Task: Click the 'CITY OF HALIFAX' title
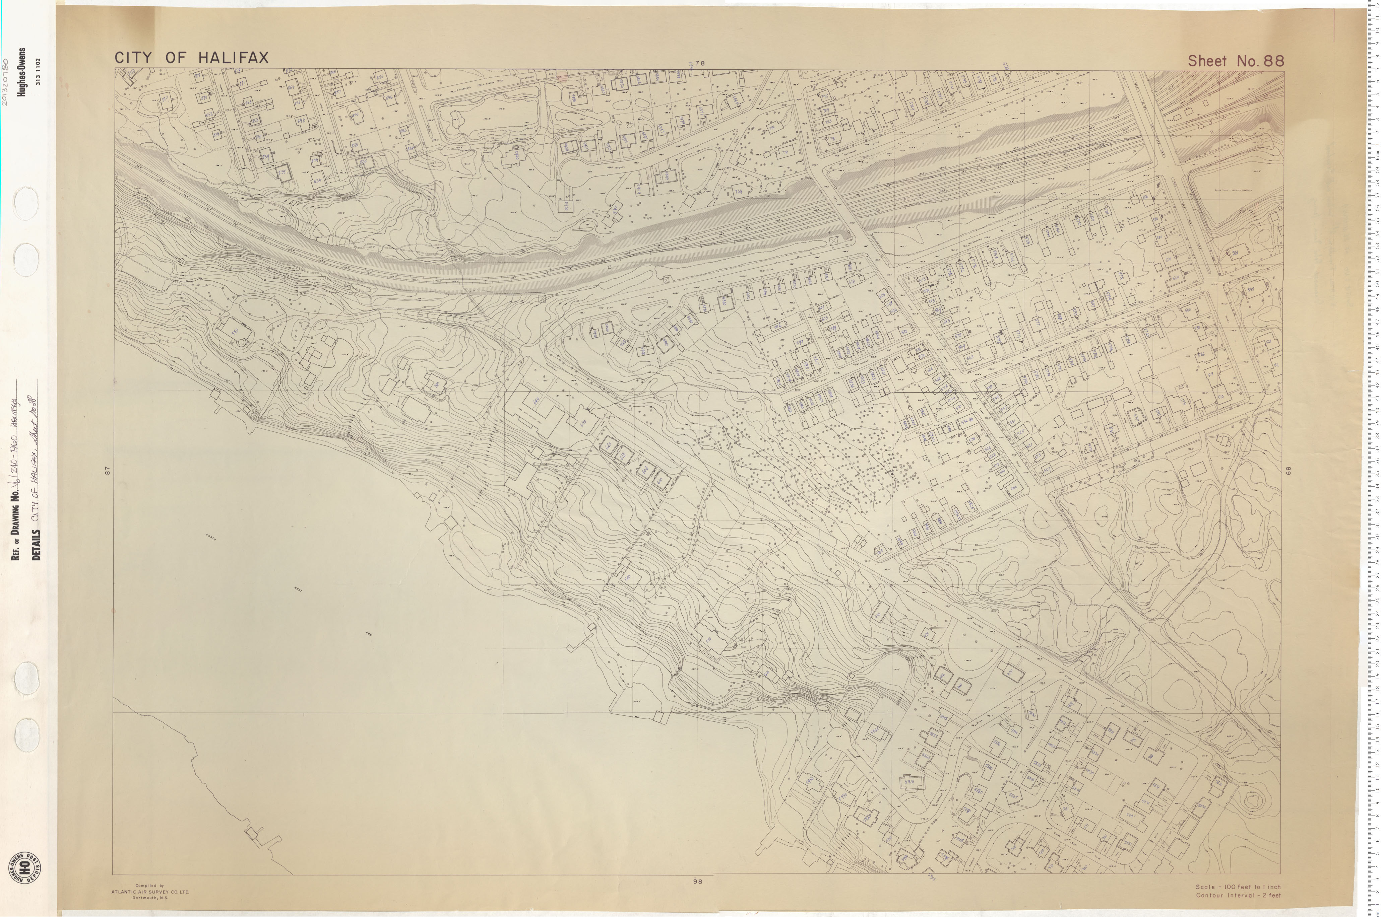coord(191,58)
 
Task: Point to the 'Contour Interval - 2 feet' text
coord(1238,895)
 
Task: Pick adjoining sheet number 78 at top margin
coord(700,63)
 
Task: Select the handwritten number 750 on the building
coord(235,331)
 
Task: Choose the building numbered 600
coord(660,480)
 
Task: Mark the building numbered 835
coord(283,172)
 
